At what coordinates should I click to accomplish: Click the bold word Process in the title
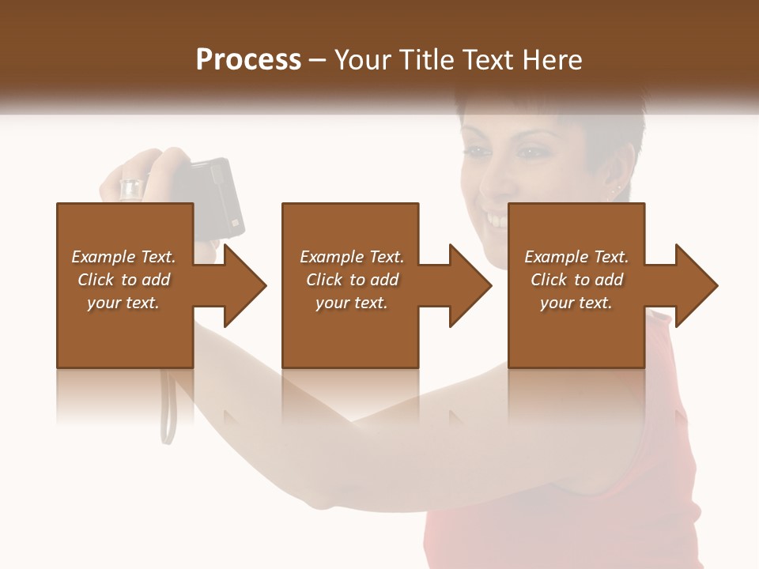click(x=248, y=59)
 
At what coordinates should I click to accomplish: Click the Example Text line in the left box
click(x=123, y=257)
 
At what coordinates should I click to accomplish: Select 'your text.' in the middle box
click(x=351, y=303)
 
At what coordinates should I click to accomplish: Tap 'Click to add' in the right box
click(x=577, y=280)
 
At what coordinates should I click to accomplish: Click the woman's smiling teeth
click(x=497, y=217)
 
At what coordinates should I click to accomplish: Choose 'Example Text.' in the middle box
click(x=351, y=257)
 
